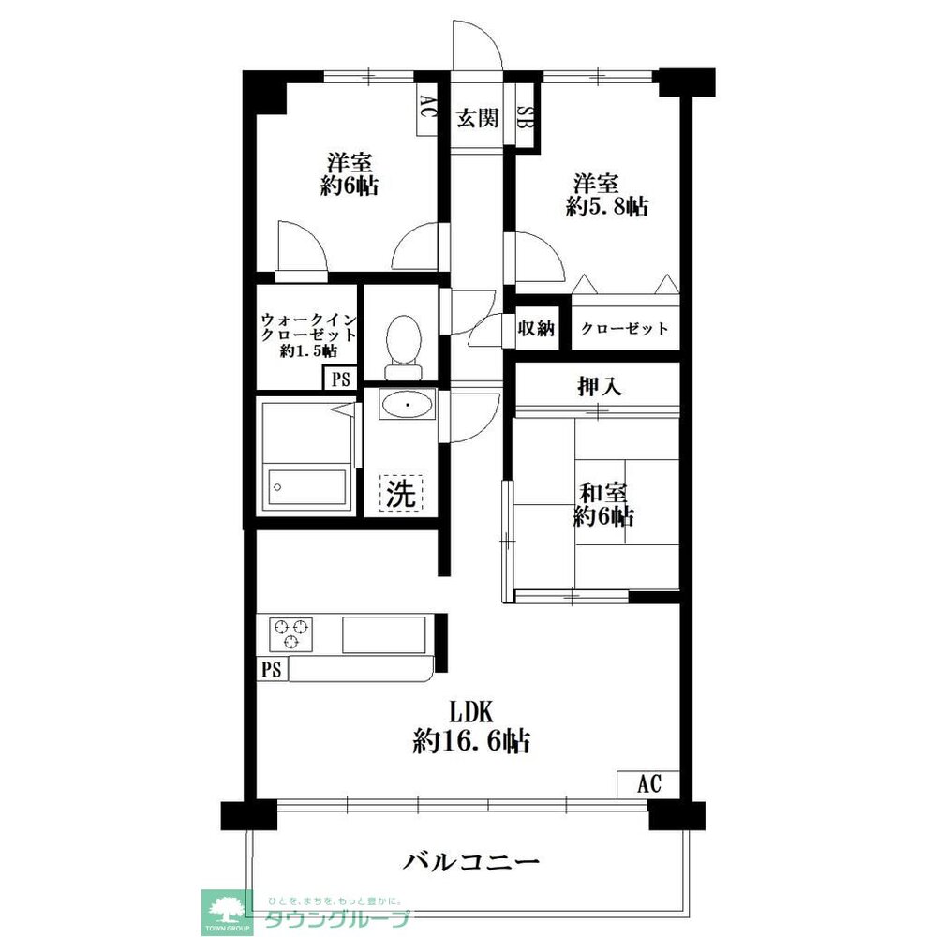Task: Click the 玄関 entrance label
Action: (x=477, y=118)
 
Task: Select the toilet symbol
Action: (x=403, y=348)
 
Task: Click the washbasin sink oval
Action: (x=407, y=405)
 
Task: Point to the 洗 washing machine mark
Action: (x=401, y=494)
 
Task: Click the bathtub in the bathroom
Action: (x=307, y=487)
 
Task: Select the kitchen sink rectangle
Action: (x=383, y=634)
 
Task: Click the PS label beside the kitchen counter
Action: (x=272, y=669)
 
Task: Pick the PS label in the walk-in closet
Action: (x=341, y=379)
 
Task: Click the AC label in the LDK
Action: (x=648, y=783)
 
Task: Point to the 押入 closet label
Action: (x=600, y=387)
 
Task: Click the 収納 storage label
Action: (x=536, y=327)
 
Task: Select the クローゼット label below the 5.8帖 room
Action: (x=624, y=329)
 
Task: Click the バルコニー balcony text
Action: (x=471, y=862)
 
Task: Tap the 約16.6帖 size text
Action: (x=471, y=741)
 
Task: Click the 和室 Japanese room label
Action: (x=603, y=494)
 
